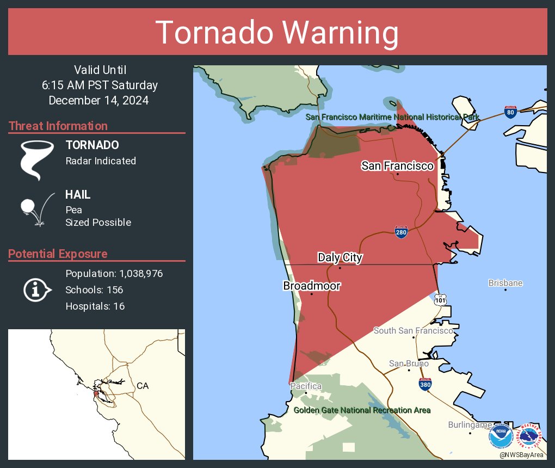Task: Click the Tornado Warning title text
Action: click(x=277, y=33)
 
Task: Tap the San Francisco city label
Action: click(x=397, y=165)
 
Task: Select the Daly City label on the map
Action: click(x=340, y=257)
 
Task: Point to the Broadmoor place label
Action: click(x=311, y=286)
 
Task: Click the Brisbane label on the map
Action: click(x=505, y=283)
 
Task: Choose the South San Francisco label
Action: click(x=413, y=330)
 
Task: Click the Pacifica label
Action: click(x=305, y=386)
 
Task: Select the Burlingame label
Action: click(x=470, y=424)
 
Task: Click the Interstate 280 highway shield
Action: click(x=401, y=232)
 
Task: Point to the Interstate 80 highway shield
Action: click(x=510, y=112)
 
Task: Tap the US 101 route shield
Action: click(x=440, y=299)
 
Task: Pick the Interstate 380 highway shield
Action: click(x=425, y=385)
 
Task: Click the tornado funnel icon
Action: click(x=36, y=159)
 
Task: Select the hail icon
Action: click(x=36, y=208)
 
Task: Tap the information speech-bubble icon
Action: click(x=36, y=290)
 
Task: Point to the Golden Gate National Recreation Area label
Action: click(x=362, y=410)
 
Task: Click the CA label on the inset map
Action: click(x=143, y=386)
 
